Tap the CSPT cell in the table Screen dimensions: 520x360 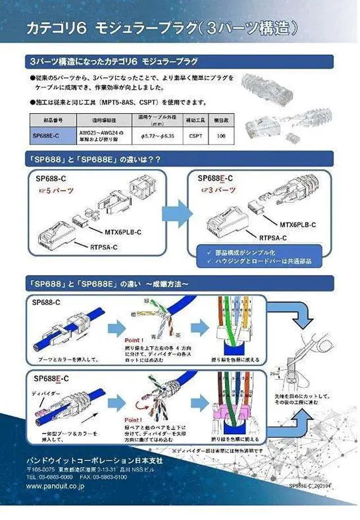pos(195,136)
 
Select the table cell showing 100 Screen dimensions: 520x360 pos(220,136)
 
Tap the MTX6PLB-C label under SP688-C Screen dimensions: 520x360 pos(123,230)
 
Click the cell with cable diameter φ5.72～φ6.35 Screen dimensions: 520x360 pos(155,136)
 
